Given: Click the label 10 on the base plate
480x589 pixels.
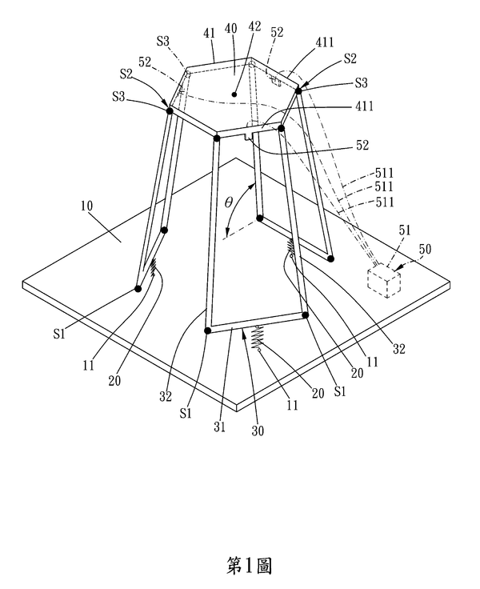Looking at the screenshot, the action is [86, 206].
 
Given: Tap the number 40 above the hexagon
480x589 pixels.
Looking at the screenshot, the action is [230, 30].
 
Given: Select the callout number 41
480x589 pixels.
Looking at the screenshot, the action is [210, 33].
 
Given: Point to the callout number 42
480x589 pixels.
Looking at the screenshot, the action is [254, 27].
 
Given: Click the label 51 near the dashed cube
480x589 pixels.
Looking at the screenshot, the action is [405, 230].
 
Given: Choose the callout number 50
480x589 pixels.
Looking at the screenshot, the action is [425, 249].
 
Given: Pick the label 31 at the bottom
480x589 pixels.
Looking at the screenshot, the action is [219, 427].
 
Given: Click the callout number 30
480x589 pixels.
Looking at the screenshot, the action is [258, 431].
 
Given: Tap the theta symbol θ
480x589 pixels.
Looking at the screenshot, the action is [228, 202].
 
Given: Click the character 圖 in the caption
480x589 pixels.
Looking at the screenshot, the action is [264, 565].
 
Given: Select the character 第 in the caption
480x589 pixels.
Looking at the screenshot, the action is [234, 565].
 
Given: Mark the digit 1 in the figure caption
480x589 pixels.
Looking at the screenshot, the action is [249, 565].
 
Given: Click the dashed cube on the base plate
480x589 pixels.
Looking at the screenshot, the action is [384, 281].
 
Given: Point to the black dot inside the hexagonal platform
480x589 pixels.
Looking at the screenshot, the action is [234, 94].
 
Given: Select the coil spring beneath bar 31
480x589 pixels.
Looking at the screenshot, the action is [255, 337].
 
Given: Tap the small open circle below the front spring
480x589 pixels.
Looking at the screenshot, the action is [258, 350].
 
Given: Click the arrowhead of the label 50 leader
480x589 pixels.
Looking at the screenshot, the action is [396, 269].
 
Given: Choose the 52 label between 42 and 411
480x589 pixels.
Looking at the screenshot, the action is [277, 32].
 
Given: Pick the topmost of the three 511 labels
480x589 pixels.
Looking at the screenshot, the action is [384, 173].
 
